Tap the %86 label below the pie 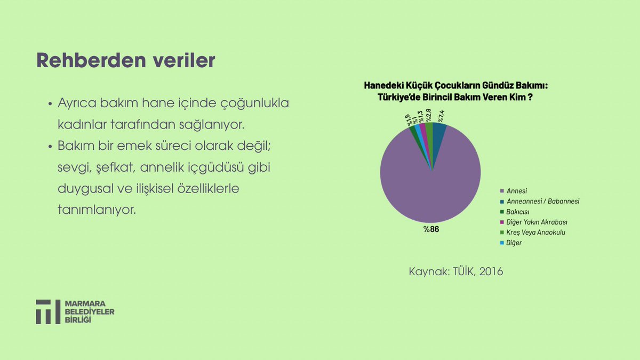pyautogui.click(x=431, y=230)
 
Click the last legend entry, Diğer pyautogui.click(x=514, y=243)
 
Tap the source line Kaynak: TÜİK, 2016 pyautogui.click(x=456, y=271)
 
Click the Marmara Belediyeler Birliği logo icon pyautogui.click(x=48, y=311)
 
